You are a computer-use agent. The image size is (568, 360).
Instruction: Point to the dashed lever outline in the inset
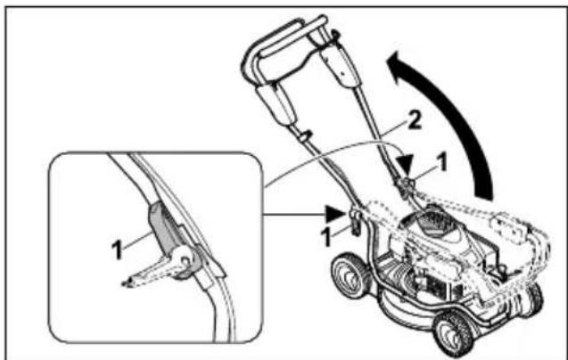point(143,271)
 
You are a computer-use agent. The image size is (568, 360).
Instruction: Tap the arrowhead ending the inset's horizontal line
point(334,212)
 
